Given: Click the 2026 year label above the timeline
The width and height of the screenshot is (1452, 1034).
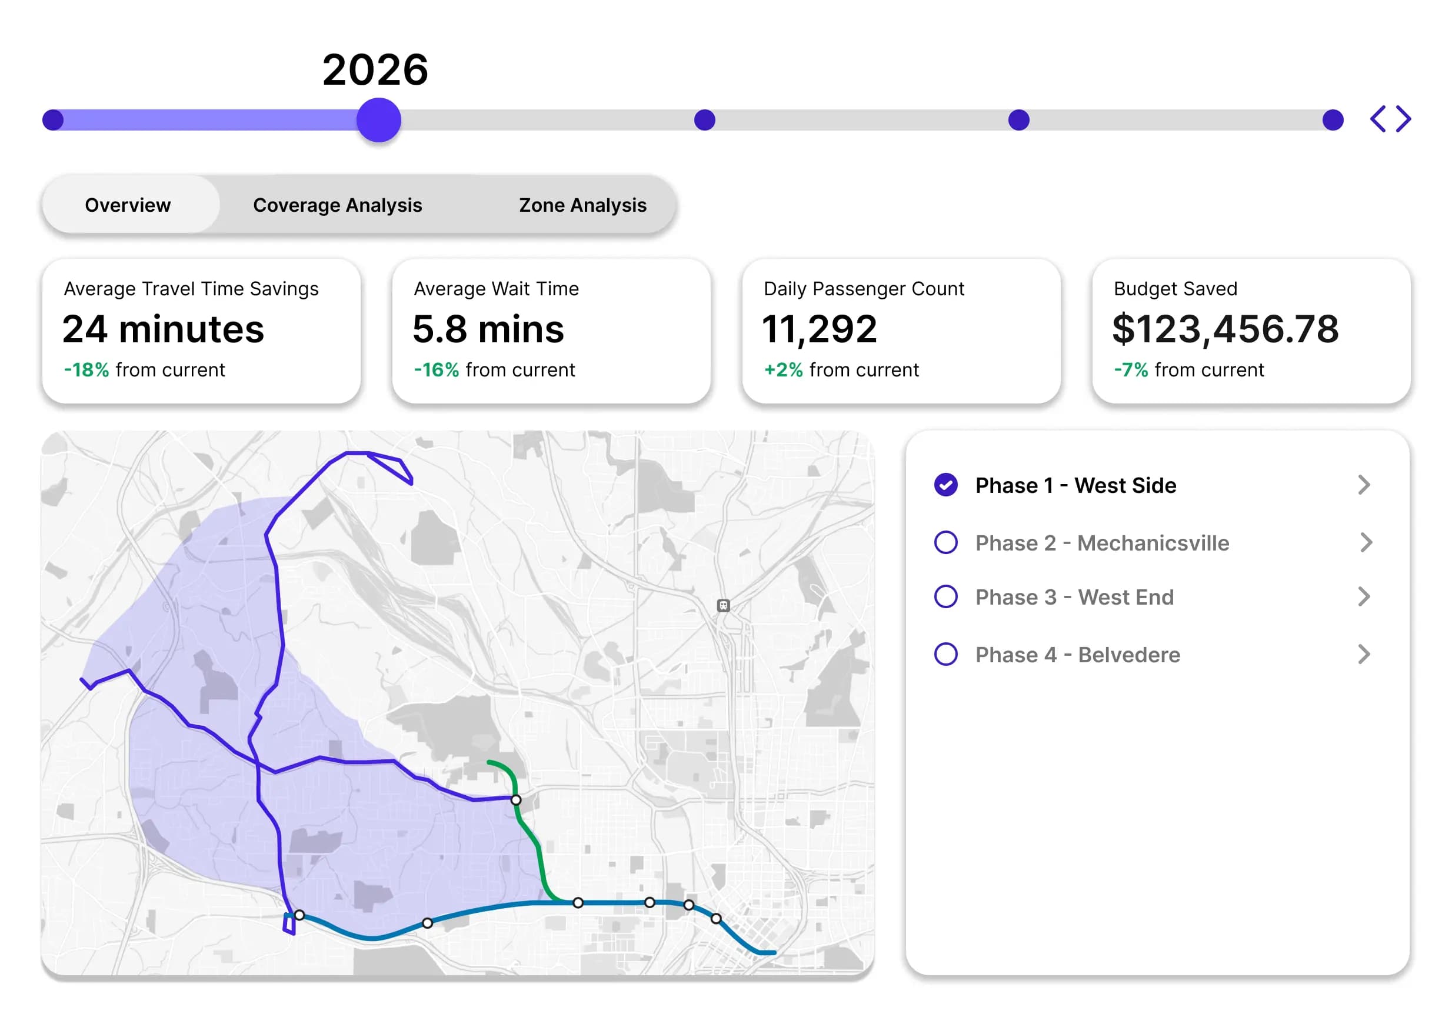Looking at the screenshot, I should [375, 69].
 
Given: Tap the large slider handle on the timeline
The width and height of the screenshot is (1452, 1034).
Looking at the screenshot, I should [378, 120].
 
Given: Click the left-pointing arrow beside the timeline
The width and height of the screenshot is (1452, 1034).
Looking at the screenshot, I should [1377, 119].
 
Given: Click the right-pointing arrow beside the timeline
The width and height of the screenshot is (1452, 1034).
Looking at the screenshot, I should [1404, 119].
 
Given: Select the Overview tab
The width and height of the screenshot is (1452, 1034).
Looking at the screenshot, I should [128, 205].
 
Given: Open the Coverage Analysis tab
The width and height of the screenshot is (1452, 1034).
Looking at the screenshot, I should [338, 205].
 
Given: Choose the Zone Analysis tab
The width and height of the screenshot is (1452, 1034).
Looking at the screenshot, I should [582, 205].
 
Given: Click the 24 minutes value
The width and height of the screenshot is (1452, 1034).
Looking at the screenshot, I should [163, 329].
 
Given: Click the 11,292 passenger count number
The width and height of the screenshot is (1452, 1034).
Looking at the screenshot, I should [819, 329].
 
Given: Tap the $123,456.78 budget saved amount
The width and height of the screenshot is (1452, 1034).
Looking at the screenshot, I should [1225, 329].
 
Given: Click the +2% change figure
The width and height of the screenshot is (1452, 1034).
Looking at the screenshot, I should [783, 370].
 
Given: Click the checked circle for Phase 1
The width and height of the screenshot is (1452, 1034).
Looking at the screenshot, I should [945, 485].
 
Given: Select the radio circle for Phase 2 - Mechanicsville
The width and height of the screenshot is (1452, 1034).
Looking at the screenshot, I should [945, 542].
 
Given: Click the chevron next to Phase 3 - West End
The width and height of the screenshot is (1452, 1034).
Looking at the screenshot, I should [1364, 597].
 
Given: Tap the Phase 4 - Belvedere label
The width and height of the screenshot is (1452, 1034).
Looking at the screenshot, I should [1078, 655].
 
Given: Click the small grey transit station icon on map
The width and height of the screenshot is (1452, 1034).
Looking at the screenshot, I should [724, 605].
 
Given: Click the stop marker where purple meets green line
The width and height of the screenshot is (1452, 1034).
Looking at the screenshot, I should [516, 800].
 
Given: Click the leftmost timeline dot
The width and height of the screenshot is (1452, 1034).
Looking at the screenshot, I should [53, 120].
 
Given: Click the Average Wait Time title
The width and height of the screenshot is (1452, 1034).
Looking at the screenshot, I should [496, 289].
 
